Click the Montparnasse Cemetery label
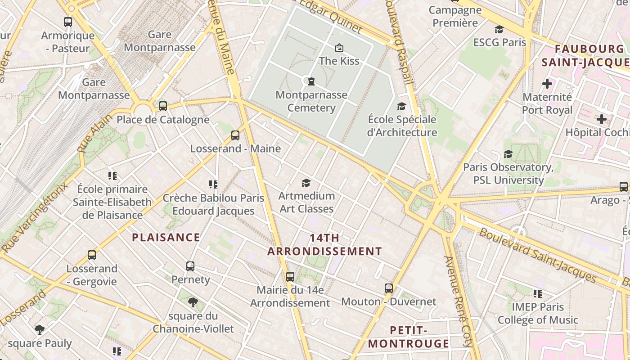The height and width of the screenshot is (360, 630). pyautogui.click(x=311, y=101)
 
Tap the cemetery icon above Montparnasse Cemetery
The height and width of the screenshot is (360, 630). pyautogui.click(x=311, y=81)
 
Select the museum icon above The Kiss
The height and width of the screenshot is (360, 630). pyautogui.click(x=339, y=47)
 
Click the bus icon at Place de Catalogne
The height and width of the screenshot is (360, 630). pyautogui.click(x=163, y=106)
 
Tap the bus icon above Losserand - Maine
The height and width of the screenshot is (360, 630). pyautogui.click(x=235, y=135)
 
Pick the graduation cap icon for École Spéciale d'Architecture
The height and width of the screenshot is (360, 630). pyautogui.click(x=401, y=106)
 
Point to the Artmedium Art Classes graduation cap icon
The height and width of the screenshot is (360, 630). pyautogui.click(x=306, y=183)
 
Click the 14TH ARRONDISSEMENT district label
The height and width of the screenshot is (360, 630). pyautogui.click(x=324, y=245)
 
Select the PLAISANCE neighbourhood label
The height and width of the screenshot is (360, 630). pyautogui.click(x=166, y=238)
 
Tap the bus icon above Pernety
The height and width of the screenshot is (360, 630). pyautogui.click(x=190, y=266)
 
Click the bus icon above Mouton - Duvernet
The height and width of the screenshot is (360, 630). pyautogui.click(x=389, y=288)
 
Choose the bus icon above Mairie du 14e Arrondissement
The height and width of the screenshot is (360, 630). pyautogui.click(x=290, y=276)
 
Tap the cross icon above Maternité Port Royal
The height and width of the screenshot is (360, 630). pyautogui.click(x=547, y=84)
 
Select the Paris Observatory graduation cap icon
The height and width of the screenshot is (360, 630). pyautogui.click(x=508, y=154)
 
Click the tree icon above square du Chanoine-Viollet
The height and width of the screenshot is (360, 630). pyautogui.click(x=193, y=302)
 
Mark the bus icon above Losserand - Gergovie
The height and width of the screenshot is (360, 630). pyautogui.click(x=92, y=255)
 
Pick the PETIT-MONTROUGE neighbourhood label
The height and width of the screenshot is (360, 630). pyautogui.click(x=409, y=337)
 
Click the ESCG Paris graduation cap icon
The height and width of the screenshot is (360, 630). pyautogui.click(x=499, y=30)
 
